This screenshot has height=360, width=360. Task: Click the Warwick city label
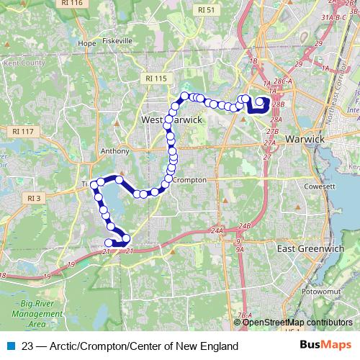(x=307, y=138)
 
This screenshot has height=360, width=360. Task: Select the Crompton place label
(x=190, y=179)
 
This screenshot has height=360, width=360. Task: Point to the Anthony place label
(x=115, y=151)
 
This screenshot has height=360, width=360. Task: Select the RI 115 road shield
(x=155, y=78)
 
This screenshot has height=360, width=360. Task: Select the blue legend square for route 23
(x=11, y=346)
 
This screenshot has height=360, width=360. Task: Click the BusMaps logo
(x=328, y=346)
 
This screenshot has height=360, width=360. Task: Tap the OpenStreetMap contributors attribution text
(x=297, y=322)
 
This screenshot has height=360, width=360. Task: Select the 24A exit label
(x=217, y=230)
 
